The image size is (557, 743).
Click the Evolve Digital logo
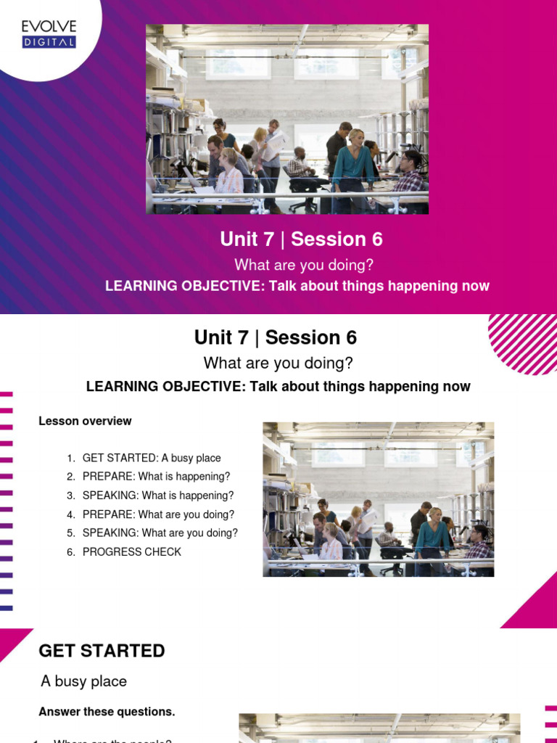(x=49, y=34)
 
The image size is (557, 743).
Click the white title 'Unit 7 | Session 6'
(x=301, y=239)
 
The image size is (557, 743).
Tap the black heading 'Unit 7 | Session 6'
(x=276, y=337)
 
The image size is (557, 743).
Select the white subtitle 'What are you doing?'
(x=304, y=265)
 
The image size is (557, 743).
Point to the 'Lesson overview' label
(x=85, y=421)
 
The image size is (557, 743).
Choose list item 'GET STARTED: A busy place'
(x=152, y=458)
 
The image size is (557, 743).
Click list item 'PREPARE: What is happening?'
(x=156, y=477)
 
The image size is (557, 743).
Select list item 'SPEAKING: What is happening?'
(x=158, y=496)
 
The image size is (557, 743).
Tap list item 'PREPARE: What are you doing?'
(x=158, y=514)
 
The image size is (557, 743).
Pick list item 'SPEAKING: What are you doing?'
(x=160, y=533)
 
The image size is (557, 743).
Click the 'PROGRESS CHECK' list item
(x=132, y=551)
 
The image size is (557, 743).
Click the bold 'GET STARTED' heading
(x=102, y=651)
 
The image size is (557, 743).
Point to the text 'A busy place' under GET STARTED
(x=83, y=681)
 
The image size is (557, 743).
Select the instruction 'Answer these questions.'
(x=107, y=712)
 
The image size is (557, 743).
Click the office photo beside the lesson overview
(x=378, y=499)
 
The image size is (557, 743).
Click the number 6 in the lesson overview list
(x=70, y=551)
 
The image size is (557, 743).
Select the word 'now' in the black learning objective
(x=457, y=387)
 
